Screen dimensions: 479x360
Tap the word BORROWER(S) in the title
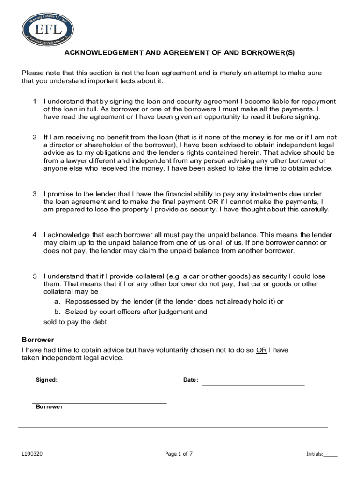point(272,53)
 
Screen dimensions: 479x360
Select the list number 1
point(35,102)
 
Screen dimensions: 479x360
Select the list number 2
point(35,138)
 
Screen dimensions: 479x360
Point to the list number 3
point(35,194)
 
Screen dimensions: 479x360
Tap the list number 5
point(35,276)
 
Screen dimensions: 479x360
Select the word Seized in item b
point(76,312)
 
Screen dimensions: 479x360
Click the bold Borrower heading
point(38,340)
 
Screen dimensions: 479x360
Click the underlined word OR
point(261,350)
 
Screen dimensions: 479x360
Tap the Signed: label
point(47,380)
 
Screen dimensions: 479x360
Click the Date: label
point(191,380)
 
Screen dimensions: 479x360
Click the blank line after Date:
point(253,384)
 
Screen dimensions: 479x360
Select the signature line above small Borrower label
point(99,402)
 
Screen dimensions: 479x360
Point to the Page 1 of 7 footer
point(179,454)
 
